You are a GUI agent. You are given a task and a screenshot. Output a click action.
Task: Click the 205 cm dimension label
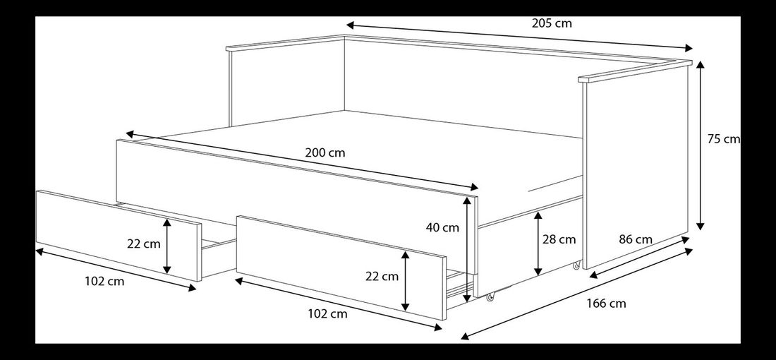[552, 23]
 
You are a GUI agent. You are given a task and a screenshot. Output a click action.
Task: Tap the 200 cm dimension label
[325, 152]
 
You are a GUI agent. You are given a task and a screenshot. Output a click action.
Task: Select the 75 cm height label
[723, 139]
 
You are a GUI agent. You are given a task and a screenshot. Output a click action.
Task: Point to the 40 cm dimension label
[442, 227]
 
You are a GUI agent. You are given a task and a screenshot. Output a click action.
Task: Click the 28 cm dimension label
[559, 239]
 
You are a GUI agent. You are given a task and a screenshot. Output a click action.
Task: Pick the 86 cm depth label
[634, 239]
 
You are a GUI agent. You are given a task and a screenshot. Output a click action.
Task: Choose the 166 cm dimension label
[606, 304]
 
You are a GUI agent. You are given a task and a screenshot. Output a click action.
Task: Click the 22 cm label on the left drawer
[144, 244]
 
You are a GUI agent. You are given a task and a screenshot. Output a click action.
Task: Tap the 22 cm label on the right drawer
[382, 276]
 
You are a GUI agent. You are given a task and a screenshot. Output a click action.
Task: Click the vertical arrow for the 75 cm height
[701, 145]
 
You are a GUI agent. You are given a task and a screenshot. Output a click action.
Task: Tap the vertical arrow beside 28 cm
[538, 244]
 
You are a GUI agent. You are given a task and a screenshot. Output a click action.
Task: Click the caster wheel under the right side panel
[576, 265]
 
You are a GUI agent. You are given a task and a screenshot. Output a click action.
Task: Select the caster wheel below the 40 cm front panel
[490, 298]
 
